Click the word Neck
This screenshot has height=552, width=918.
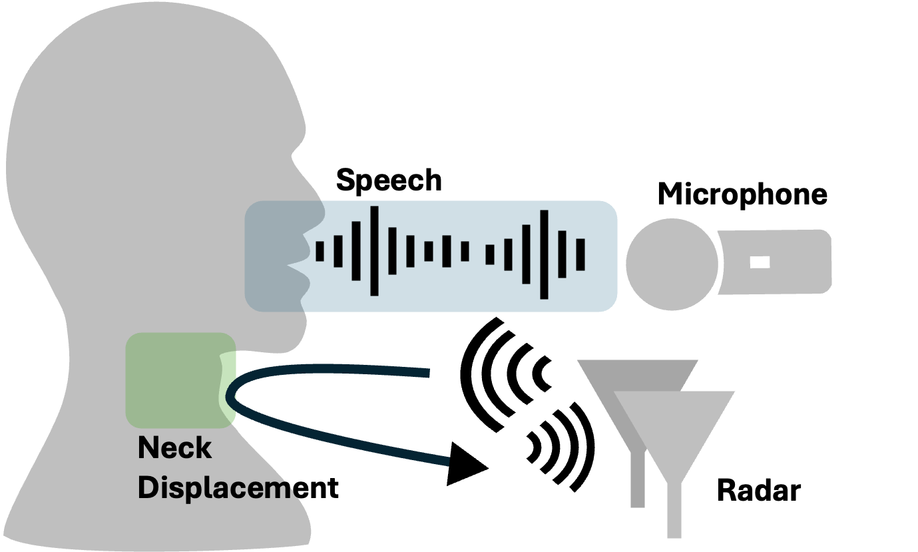pyautogui.click(x=174, y=448)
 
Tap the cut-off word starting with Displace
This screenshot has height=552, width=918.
pyautogui.click(x=214, y=488)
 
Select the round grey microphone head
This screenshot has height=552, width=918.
pyautogui.click(x=671, y=264)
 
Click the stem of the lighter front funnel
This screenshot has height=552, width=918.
pyautogui.click(x=674, y=509)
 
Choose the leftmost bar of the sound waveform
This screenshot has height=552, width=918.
pyautogui.click(x=320, y=252)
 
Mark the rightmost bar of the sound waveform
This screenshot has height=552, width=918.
pyautogui.click(x=580, y=254)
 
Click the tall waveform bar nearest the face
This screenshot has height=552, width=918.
pyautogui.click(x=375, y=251)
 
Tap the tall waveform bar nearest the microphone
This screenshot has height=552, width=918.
pyautogui.click(x=545, y=254)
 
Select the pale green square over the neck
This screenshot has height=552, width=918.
pyautogui.click(x=173, y=380)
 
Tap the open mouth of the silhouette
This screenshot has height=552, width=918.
pyautogui.click(x=296, y=265)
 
